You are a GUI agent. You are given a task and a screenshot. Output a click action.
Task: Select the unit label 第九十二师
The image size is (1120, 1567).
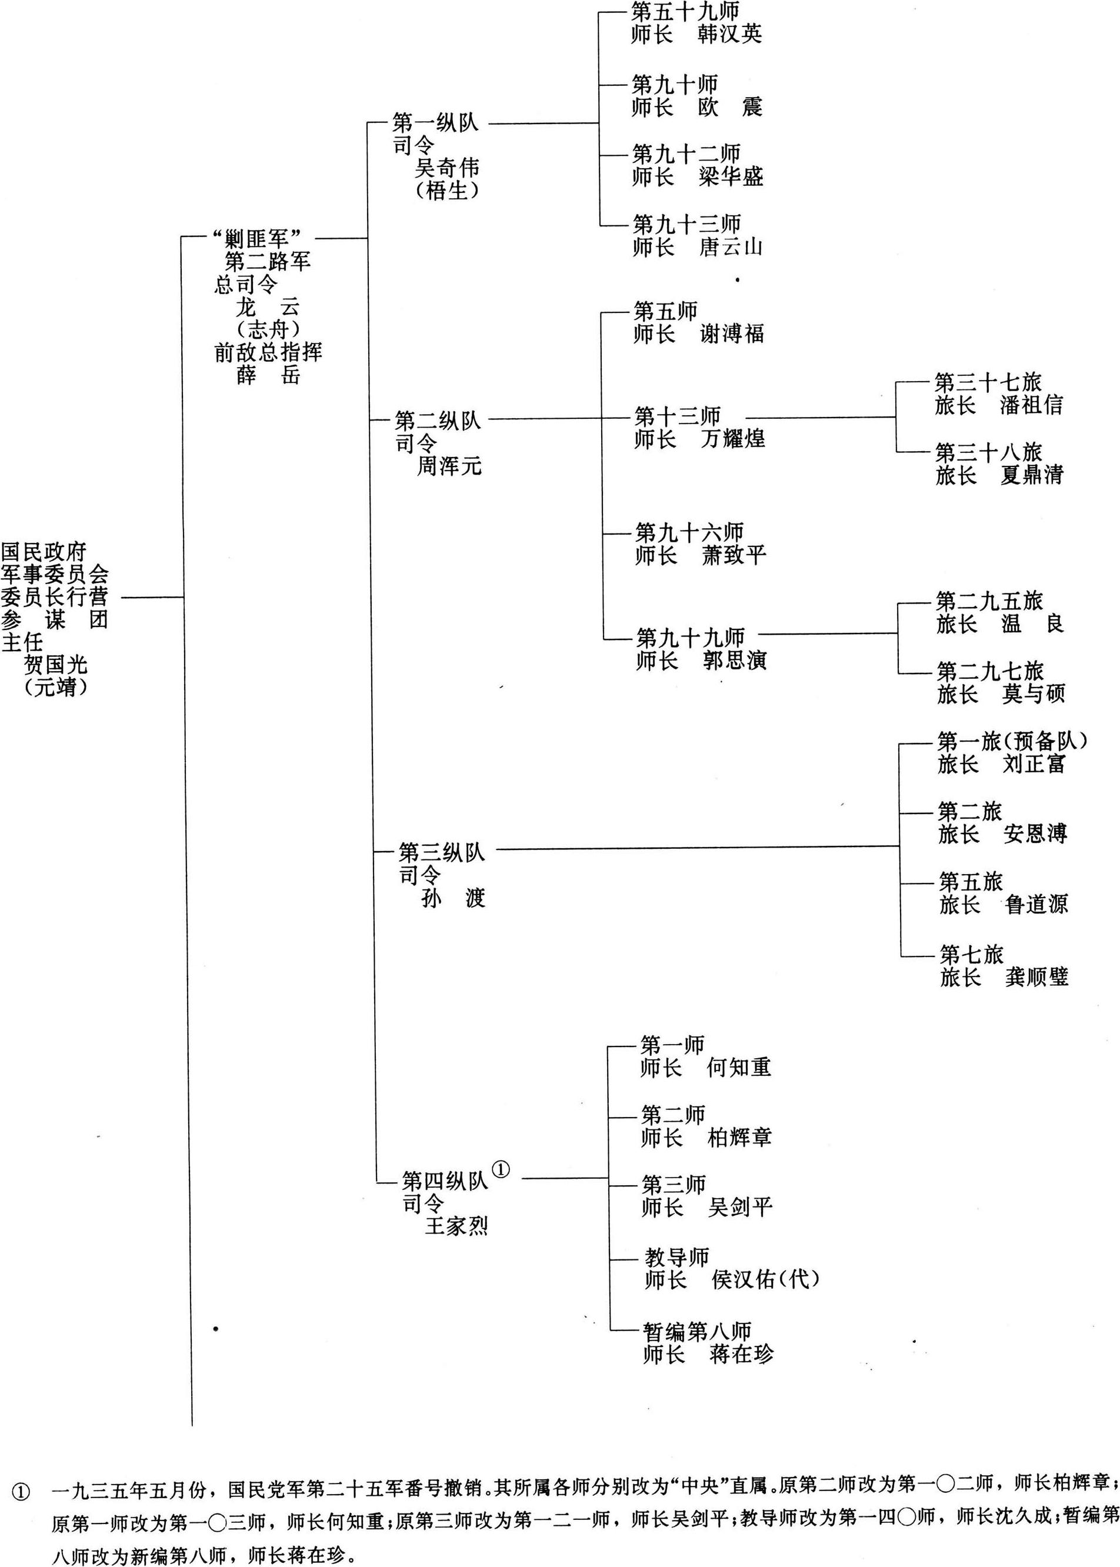687,154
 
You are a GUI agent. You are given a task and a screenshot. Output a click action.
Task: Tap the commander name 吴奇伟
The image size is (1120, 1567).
447,168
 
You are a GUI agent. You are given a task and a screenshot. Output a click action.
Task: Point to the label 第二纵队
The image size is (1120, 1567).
437,420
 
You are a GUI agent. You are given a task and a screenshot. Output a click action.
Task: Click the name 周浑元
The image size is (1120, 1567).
449,466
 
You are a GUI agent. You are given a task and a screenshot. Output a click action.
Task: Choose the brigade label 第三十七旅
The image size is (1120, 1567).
988,382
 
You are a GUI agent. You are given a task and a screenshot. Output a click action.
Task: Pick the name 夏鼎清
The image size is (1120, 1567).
1032,475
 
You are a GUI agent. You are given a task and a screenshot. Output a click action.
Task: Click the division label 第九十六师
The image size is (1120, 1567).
689,532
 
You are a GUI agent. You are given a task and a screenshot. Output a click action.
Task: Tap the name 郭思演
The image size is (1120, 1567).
735,660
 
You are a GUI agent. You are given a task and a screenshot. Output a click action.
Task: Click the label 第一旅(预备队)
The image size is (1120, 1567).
1012,741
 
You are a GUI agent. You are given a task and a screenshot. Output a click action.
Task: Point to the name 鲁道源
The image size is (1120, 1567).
1036,904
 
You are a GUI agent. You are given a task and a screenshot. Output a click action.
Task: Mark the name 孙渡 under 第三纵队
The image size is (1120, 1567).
453,898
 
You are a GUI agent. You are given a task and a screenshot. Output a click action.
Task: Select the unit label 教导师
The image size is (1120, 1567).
676,1258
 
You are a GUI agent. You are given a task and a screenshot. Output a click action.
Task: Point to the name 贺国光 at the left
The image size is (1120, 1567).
56,665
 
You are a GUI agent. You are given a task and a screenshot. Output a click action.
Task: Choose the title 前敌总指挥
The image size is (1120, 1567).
268,352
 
